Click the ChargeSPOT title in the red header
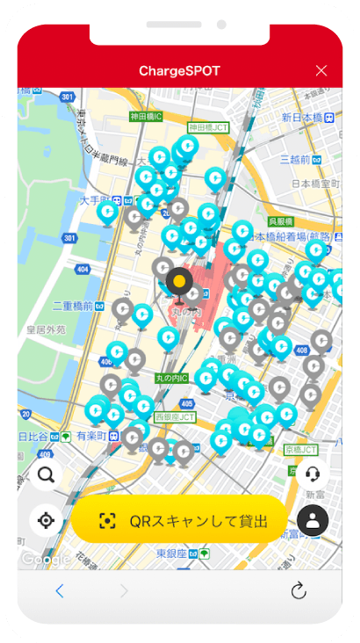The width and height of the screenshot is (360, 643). coord(179,70)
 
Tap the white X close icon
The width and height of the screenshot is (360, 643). coord(321,70)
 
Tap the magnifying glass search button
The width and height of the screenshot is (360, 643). coord(46,475)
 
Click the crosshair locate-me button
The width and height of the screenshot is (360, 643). coord(46,519)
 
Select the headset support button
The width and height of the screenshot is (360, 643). coord(313,474)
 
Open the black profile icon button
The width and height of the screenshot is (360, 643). coord(313,519)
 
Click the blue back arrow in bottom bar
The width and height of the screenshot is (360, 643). coord(59,591)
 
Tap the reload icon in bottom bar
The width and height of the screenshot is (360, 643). coord(299,591)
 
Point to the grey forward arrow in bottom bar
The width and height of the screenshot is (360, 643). coord(124,591)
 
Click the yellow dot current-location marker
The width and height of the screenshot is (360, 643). coord(178,282)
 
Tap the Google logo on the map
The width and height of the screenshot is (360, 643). coord(46,559)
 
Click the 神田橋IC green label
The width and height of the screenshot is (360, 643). coord(146,116)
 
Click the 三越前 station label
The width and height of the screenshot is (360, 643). coord(301,159)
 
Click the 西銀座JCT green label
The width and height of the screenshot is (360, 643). coord(176,417)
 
